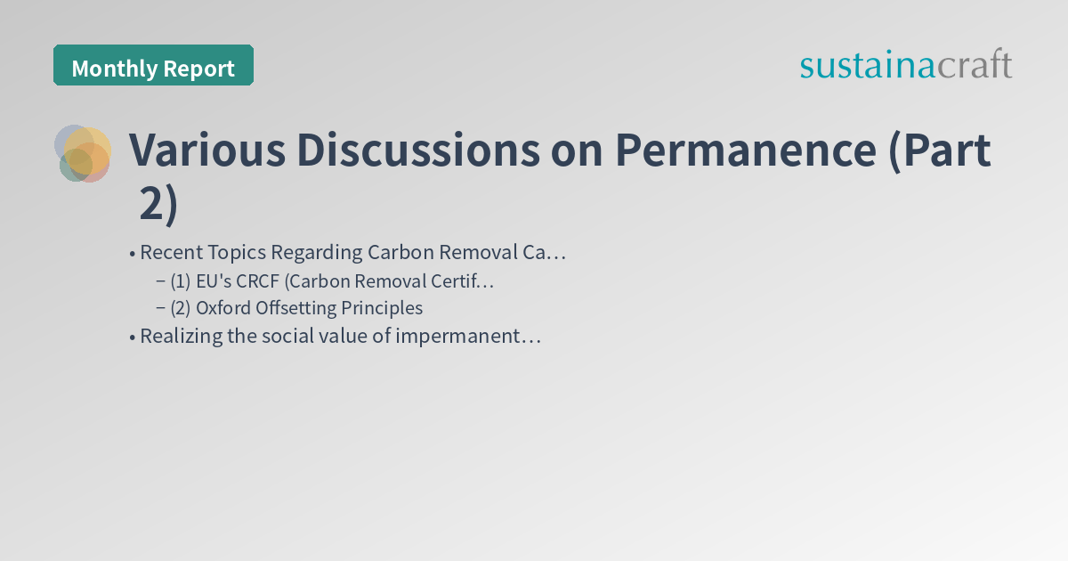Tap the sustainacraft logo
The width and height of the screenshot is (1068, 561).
[x=905, y=65]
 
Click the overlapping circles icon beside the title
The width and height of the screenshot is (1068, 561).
[x=83, y=153]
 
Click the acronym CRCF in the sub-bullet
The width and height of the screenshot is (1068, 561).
[x=257, y=281]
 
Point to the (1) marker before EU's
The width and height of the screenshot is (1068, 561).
[x=181, y=281]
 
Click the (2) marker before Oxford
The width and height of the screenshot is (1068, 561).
[x=181, y=308]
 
